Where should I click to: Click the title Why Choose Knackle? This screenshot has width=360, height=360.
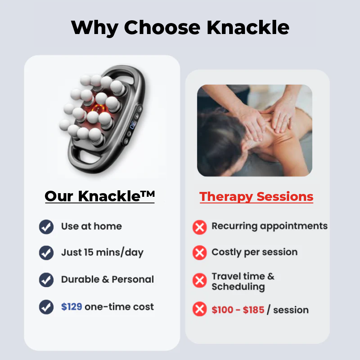point(180,28)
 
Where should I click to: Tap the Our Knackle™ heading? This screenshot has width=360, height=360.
point(100,196)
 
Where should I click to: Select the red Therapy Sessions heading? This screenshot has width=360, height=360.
point(256,197)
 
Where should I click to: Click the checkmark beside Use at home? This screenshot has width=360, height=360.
point(46,227)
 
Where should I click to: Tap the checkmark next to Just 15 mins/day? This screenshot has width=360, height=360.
point(46,253)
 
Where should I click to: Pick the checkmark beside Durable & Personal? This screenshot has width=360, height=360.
point(46,280)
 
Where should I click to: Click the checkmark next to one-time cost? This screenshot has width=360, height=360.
point(46,307)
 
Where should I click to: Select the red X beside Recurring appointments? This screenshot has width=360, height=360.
point(199,227)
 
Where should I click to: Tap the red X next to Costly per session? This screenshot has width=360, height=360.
point(199,253)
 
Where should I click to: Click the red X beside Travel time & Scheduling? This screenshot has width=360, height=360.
point(199,281)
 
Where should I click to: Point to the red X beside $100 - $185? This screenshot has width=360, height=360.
point(199,310)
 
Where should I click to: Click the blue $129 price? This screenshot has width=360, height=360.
point(72,307)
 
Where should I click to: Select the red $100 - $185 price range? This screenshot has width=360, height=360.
point(238,310)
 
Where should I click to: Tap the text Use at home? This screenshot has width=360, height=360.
point(91,226)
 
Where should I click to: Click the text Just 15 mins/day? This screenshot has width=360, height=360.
point(102,253)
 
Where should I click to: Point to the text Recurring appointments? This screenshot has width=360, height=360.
point(269,226)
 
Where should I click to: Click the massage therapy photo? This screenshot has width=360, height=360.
point(254,130)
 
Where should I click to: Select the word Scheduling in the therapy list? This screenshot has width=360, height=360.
point(238,287)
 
